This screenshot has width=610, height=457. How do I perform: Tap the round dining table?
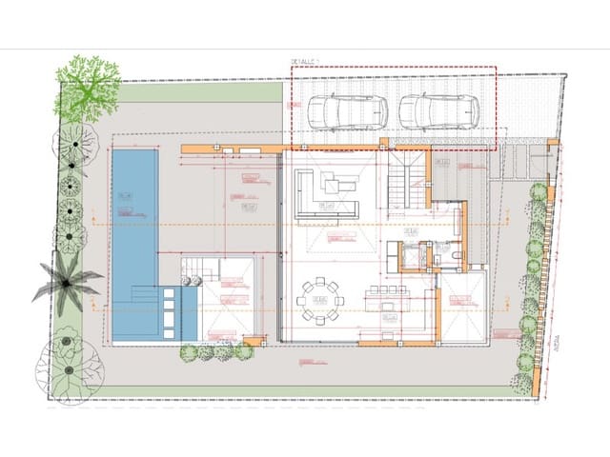pos(320,301)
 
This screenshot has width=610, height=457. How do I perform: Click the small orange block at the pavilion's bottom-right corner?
pos(253,340)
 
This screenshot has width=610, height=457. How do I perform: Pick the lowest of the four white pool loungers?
pos(169,330)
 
